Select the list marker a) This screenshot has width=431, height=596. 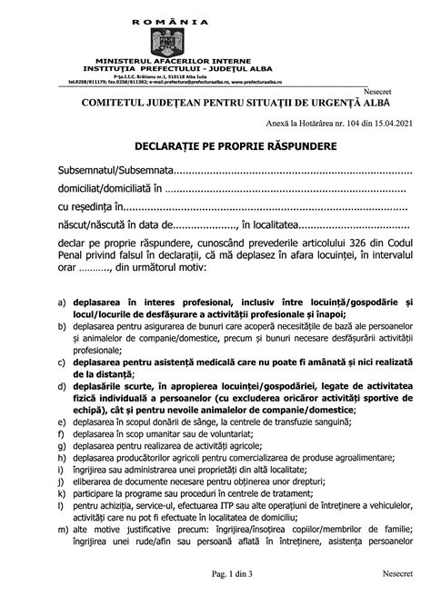click(60, 302)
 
